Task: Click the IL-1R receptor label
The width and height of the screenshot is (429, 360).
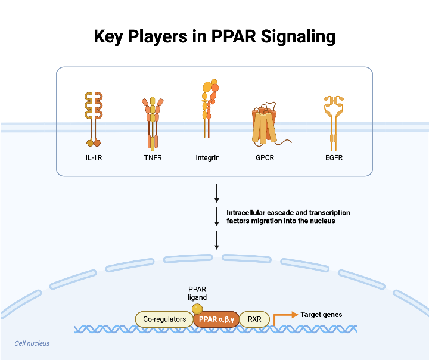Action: coord(94,158)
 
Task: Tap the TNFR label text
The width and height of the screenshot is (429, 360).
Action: coord(153,158)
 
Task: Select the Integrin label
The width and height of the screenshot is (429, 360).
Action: coord(208,158)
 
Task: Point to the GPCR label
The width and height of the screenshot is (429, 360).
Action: coord(265,158)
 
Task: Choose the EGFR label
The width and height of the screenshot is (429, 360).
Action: coord(334,158)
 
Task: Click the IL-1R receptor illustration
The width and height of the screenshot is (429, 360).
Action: coord(94,119)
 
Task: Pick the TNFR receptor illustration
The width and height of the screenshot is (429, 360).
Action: coord(153,122)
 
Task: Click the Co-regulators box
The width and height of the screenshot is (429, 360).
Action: coord(164,319)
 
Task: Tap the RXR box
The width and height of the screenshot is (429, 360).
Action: coord(255,319)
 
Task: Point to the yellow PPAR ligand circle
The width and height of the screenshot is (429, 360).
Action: coord(197,308)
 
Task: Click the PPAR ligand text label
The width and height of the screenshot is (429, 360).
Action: coord(197,293)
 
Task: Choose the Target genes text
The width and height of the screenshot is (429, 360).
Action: coord(321,315)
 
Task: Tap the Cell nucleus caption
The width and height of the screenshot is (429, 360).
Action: coord(32,343)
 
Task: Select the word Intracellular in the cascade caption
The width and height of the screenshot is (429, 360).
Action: coord(245,213)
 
